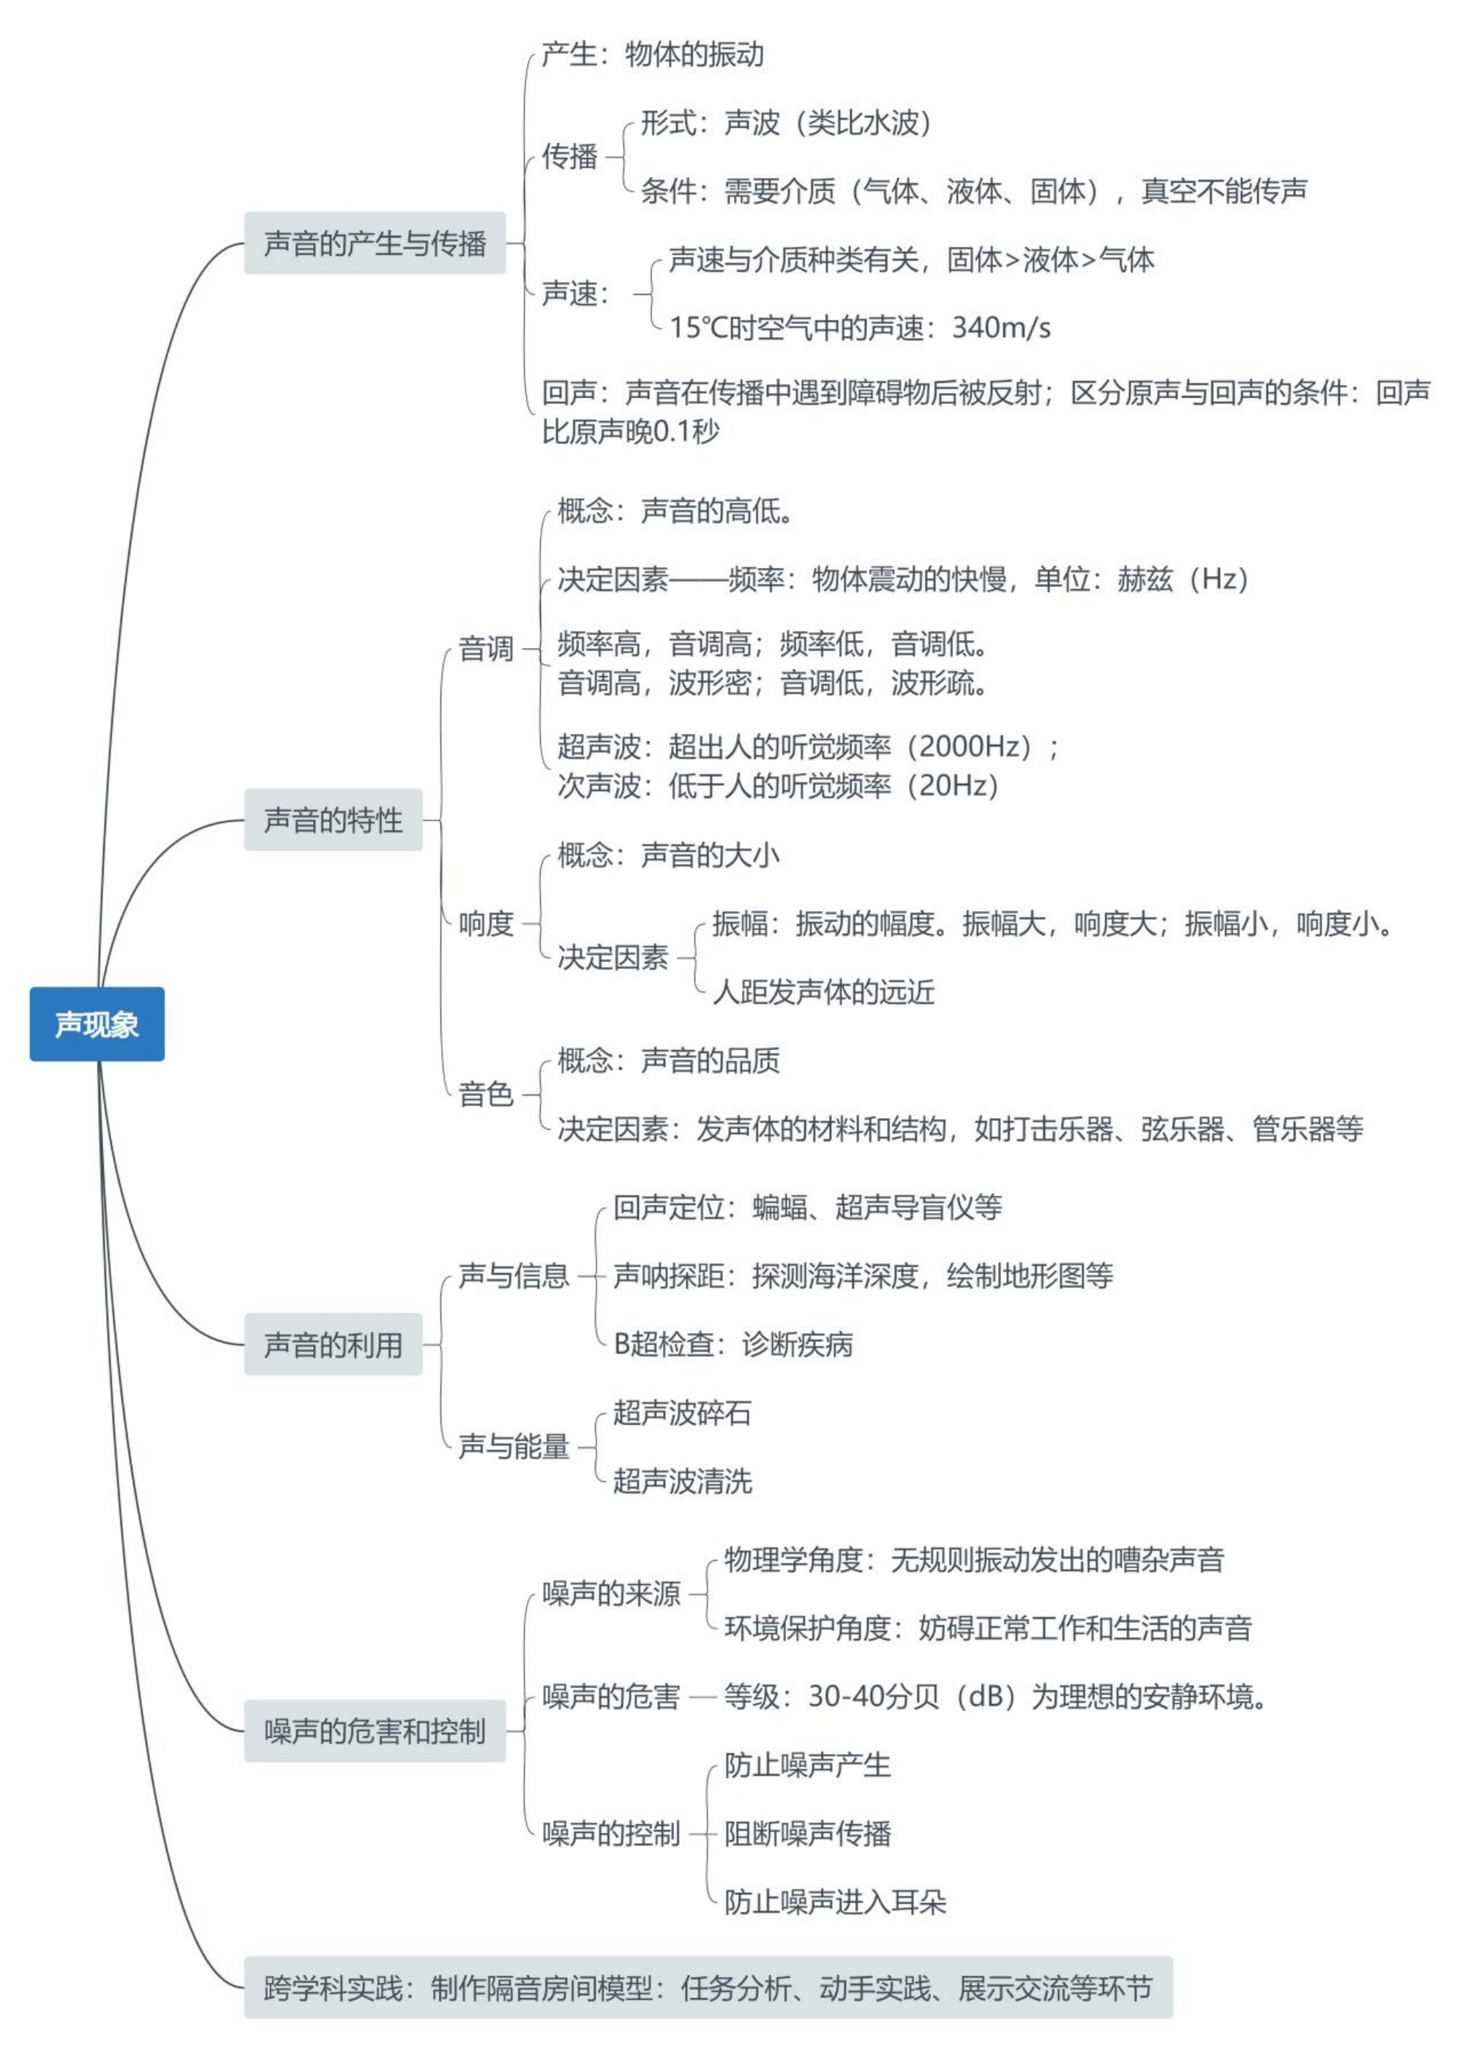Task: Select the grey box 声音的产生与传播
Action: click(x=375, y=243)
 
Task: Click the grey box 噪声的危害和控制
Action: click(x=375, y=1730)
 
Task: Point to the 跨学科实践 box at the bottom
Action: click(x=708, y=1987)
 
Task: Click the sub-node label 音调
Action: click(x=486, y=648)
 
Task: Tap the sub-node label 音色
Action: click(x=486, y=1094)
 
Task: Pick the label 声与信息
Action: click(x=514, y=1275)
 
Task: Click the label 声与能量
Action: click(x=514, y=1446)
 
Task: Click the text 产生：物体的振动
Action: click(x=653, y=54)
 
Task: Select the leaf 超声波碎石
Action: click(x=682, y=1412)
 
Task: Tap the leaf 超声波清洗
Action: click(x=682, y=1481)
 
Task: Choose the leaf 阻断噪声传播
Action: click(x=807, y=1833)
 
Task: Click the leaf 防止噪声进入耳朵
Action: click(x=836, y=1902)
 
